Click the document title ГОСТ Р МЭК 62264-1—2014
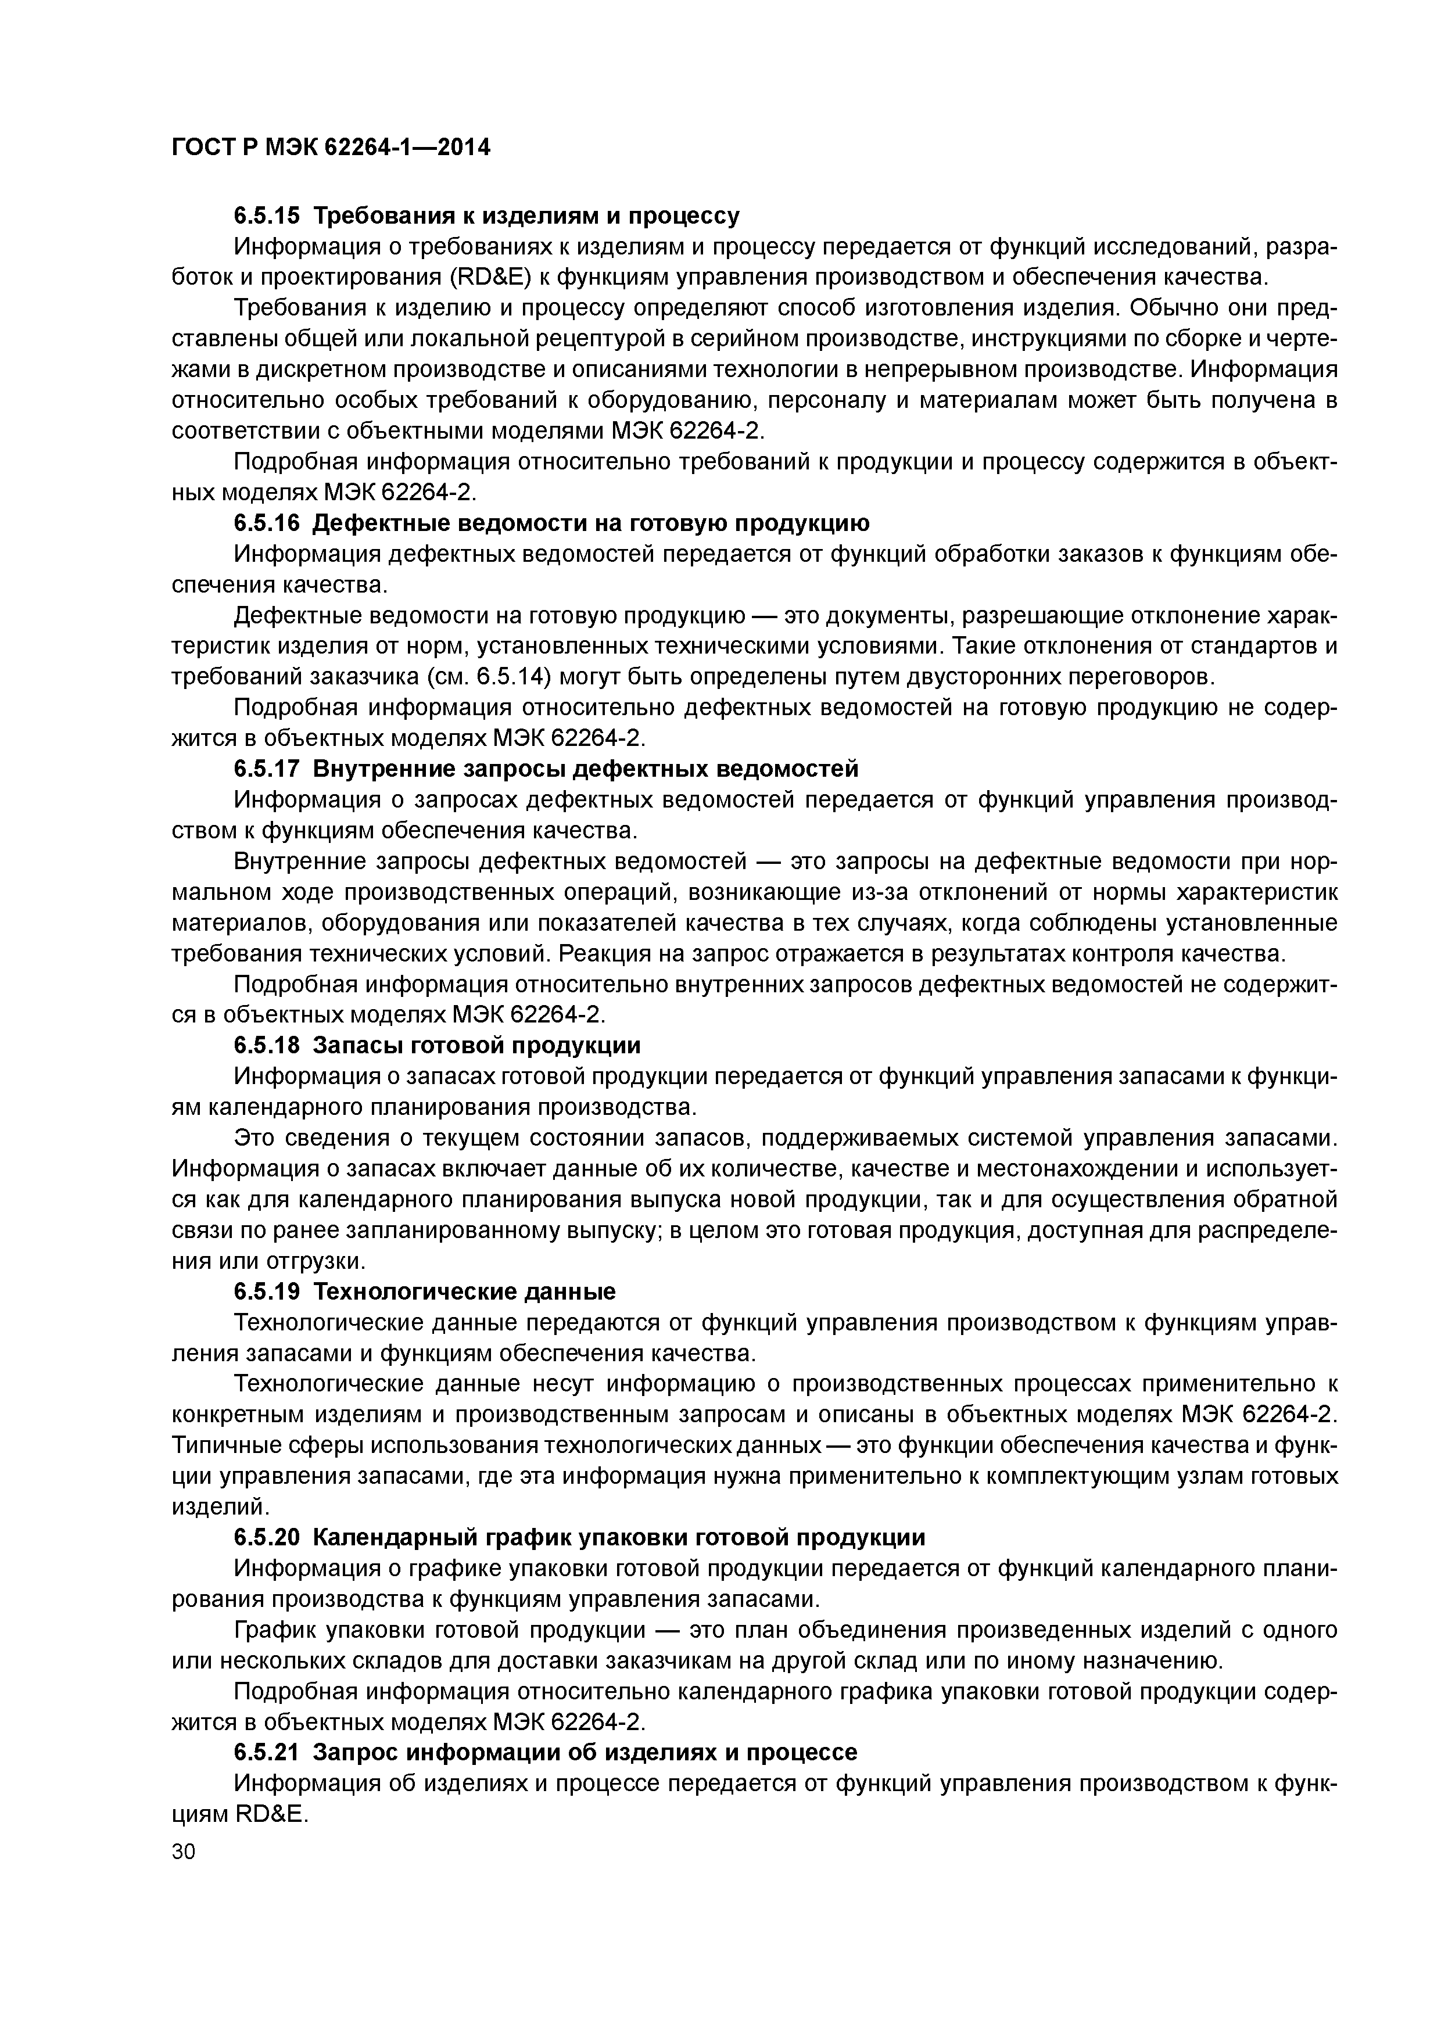[x=330, y=148]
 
